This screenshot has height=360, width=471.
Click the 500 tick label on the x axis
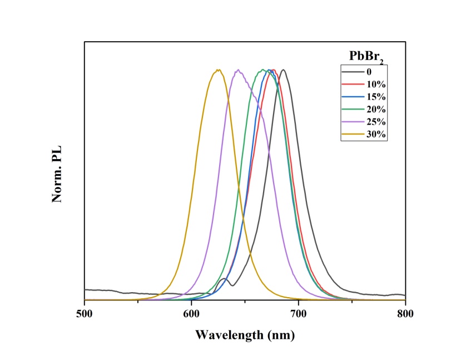tap(85, 313)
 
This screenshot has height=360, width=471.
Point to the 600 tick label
tap(191, 313)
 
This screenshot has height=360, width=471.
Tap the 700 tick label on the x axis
tap(299, 313)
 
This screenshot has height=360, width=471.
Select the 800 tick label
tap(405, 313)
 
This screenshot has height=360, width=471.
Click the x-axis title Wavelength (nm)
tap(245, 335)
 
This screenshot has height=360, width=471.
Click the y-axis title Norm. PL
tap(57, 174)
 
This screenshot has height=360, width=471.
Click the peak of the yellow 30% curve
tap(218, 70)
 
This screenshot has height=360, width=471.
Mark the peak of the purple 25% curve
tap(238, 70)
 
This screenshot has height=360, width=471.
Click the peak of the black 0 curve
tap(284, 70)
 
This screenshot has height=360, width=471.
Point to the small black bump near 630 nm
tap(224, 279)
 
